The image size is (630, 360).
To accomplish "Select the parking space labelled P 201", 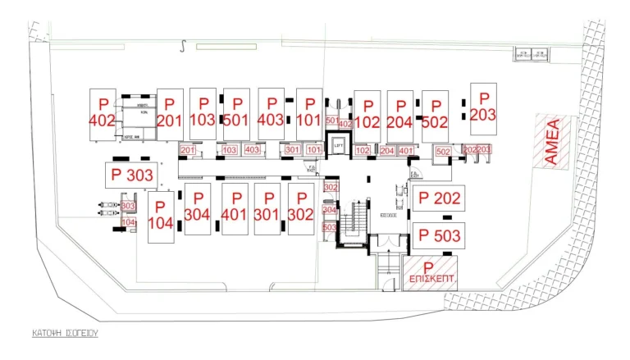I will click(169, 114).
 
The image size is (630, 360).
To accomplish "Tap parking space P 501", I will click(235, 112).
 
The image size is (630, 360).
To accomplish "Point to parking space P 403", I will click(271, 112).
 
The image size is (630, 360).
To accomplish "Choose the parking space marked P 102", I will click(367, 115).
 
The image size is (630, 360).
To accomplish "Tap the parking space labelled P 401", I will click(235, 207).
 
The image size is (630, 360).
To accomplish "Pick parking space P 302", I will click(301, 207).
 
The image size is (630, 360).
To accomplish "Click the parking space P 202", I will click(440, 198).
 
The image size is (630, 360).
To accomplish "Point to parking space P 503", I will click(440, 235).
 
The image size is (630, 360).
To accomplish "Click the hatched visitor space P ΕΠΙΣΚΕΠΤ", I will click(429, 273).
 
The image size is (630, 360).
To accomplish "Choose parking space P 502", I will click(434, 115).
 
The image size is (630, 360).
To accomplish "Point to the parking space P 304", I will click(197, 207).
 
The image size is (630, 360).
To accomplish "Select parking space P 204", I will click(399, 115).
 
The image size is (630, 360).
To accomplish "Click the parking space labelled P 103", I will click(202, 112).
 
